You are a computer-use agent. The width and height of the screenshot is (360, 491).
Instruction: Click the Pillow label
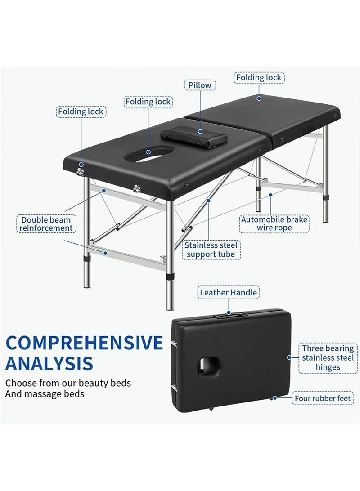pos(200,85)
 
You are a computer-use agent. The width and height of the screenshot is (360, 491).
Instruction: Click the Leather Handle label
pos(228,293)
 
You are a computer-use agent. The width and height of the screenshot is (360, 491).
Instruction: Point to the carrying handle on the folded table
pos(229,317)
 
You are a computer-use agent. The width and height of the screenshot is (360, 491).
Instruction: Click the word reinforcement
pos(46,228)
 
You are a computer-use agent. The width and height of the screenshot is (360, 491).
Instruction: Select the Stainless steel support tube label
pos(211,250)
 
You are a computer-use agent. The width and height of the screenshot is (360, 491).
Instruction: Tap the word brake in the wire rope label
pos(295,219)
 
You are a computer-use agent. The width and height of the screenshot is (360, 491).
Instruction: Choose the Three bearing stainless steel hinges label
pos(328,358)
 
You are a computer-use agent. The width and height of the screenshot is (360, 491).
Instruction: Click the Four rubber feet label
pos(324,398)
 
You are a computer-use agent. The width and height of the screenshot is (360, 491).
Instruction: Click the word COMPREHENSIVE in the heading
pos(84,343)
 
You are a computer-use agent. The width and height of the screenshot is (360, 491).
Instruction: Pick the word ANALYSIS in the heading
pos(49,362)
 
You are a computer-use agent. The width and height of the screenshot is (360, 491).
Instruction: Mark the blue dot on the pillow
pos(200,131)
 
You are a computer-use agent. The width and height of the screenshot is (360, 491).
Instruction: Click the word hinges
pos(328,367)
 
